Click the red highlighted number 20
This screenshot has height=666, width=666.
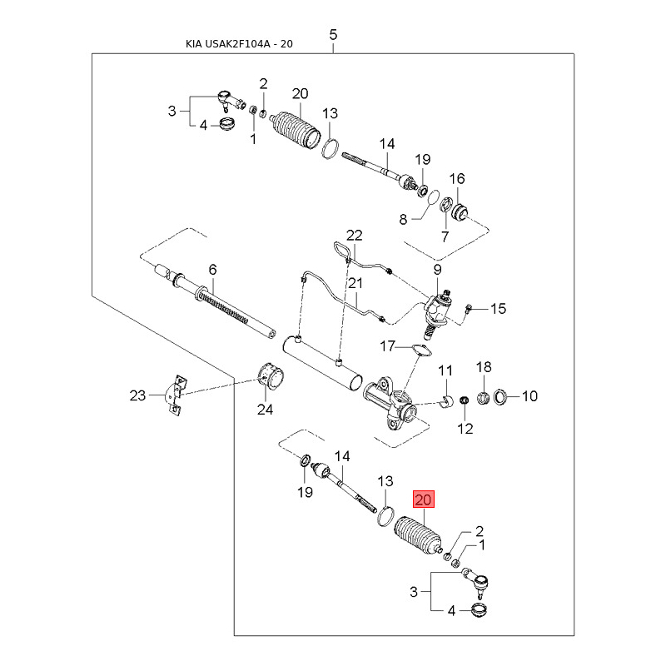tap(424, 500)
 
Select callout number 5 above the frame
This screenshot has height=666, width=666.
tap(333, 35)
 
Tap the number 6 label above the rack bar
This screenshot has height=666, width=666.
tap(212, 270)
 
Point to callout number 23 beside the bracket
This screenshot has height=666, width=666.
tap(137, 395)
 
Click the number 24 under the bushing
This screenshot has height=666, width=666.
tap(265, 409)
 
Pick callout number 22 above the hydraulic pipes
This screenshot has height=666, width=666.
tap(355, 236)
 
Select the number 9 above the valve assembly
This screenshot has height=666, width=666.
tap(436, 270)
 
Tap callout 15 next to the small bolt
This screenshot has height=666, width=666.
tap(498, 310)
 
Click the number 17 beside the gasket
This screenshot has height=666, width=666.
tap(388, 345)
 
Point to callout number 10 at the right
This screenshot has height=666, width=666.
tap(529, 396)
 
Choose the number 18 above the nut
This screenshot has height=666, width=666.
tap(484, 368)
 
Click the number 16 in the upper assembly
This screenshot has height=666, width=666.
tap(457, 179)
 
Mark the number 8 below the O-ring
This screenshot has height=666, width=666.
tap(404, 220)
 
